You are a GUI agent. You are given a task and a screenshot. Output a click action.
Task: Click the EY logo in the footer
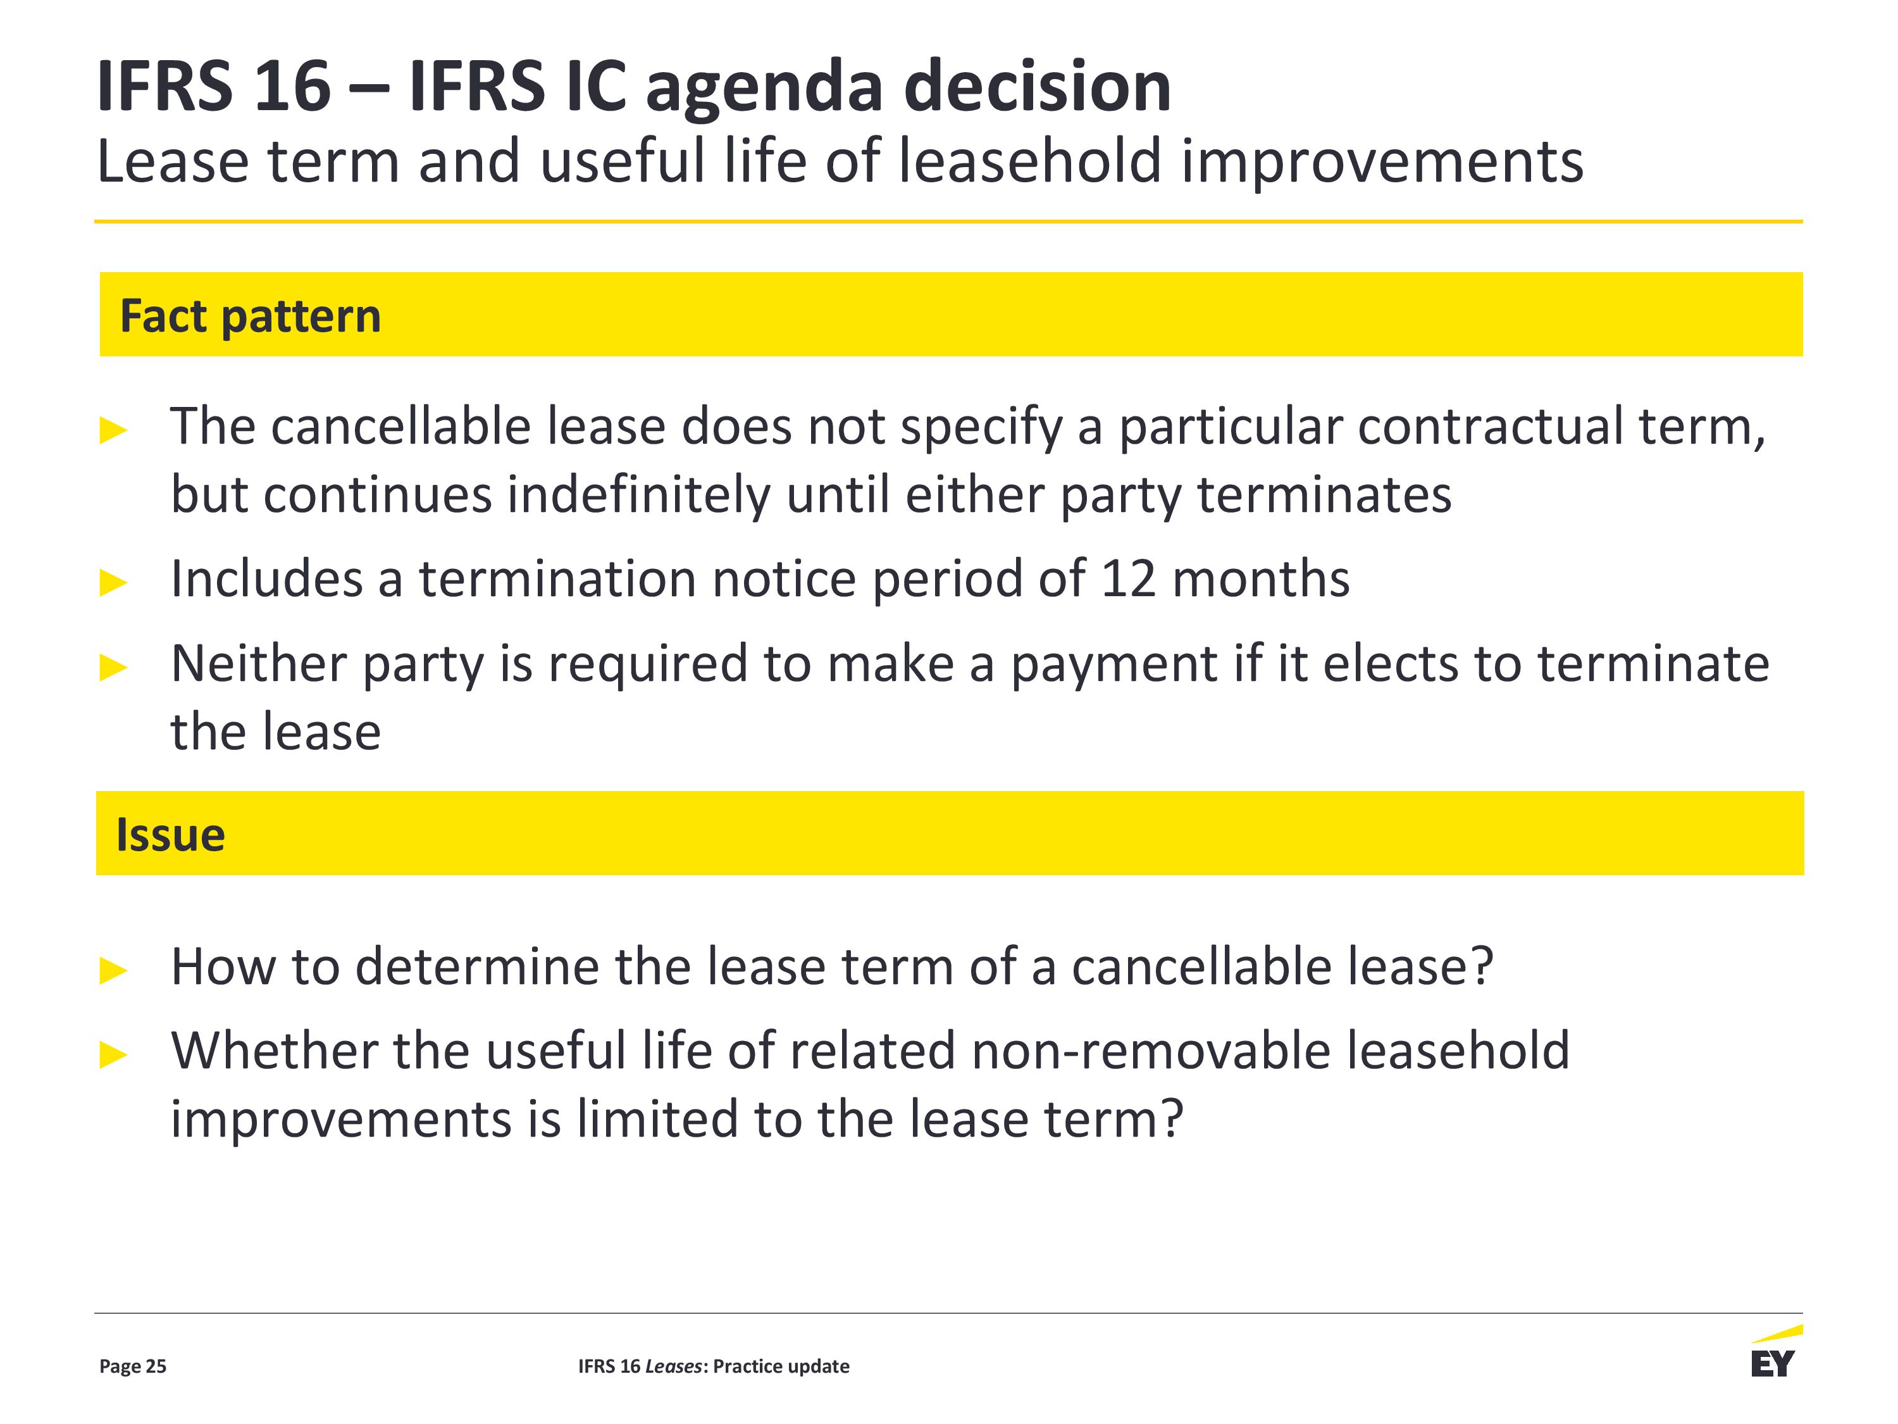coord(1775,1354)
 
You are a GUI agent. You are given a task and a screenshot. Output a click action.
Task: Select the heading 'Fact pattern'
coord(250,316)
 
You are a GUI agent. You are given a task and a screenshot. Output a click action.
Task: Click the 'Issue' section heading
coord(170,834)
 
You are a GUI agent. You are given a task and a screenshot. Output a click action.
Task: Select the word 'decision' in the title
coord(1038,87)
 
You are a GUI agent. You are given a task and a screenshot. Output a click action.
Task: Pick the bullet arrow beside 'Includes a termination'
coord(113,583)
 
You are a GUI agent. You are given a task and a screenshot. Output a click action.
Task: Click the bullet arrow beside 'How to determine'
coord(113,971)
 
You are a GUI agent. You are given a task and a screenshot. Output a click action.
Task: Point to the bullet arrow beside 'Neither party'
coord(113,667)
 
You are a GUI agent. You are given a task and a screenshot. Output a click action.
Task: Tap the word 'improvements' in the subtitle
coord(1382,162)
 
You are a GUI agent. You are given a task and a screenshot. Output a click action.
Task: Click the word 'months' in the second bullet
coord(1260,578)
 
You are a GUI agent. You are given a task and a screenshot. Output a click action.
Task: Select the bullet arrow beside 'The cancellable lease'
coord(113,430)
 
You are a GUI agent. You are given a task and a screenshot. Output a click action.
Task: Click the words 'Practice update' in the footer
coord(781,1366)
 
